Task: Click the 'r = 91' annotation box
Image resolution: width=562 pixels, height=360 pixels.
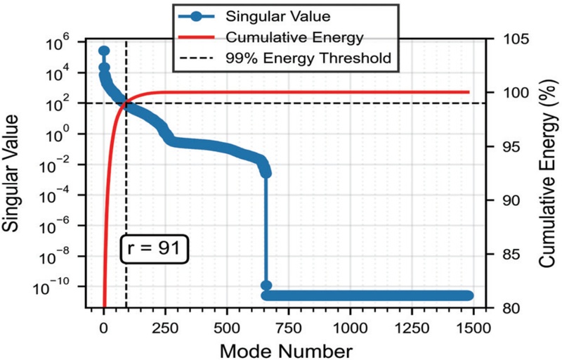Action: tap(155, 250)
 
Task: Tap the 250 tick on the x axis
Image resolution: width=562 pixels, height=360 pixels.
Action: tap(165, 326)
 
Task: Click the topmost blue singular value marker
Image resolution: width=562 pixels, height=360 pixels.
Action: tap(104, 51)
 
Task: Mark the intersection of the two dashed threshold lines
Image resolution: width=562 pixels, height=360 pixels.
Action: tap(126, 103)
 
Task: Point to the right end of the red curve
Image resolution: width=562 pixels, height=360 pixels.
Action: tap(469, 92)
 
